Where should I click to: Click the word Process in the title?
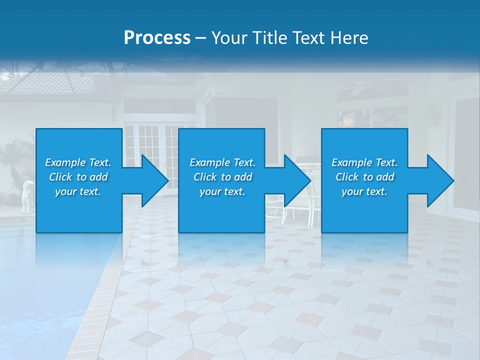[x=157, y=37]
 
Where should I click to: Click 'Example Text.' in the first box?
[x=78, y=162]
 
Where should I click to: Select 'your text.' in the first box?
[x=78, y=191]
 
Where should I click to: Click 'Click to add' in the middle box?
[x=222, y=177]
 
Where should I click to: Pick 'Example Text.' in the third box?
[x=364, y=162]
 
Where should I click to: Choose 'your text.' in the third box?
[x=364, y=191]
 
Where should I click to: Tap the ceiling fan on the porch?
[x=357, y=89]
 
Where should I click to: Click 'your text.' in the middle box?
[x=222, y=191]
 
